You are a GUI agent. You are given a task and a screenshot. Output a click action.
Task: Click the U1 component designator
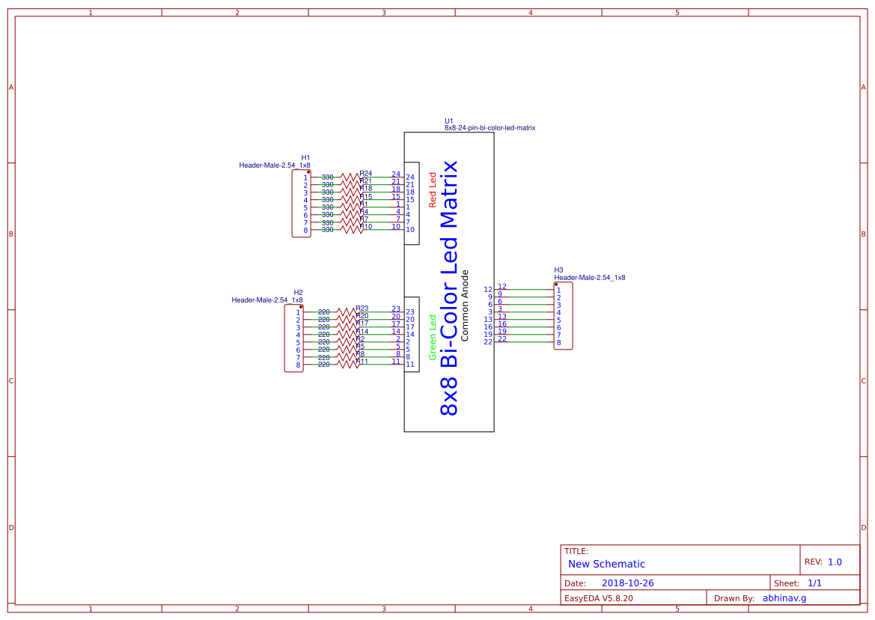point(448,121)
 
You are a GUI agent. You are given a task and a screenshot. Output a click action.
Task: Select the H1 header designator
point(305,158)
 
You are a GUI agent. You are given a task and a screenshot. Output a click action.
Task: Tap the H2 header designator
point(298,293)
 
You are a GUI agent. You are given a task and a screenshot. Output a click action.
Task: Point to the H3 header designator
point(558,270)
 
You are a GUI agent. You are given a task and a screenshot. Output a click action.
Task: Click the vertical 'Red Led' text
point(432,189)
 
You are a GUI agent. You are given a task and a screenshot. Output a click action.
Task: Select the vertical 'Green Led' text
point(432,337)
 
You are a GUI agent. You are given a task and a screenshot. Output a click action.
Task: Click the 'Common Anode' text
point(465,306)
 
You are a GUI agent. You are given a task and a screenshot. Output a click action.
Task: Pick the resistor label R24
point(365,174)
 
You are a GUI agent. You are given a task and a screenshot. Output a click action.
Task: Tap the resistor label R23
point(362,309)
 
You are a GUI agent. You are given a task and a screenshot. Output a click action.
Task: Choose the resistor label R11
point(362,362)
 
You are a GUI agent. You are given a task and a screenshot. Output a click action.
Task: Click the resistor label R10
point(365,226)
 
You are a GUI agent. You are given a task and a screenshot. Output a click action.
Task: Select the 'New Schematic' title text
point(606,565)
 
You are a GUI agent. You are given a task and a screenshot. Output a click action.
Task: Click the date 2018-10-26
point(632,583)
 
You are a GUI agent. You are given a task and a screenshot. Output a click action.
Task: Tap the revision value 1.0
point(835,562)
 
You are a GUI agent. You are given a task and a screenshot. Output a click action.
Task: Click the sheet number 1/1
point(814,583)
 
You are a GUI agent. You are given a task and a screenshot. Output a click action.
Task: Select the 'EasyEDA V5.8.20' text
point(598,598)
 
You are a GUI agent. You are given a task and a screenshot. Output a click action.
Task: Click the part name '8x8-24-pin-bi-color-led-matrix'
point(490,128)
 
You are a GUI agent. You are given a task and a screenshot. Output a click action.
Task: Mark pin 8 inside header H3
point(558,342)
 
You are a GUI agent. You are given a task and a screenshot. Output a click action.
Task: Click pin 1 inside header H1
point(305,178)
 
